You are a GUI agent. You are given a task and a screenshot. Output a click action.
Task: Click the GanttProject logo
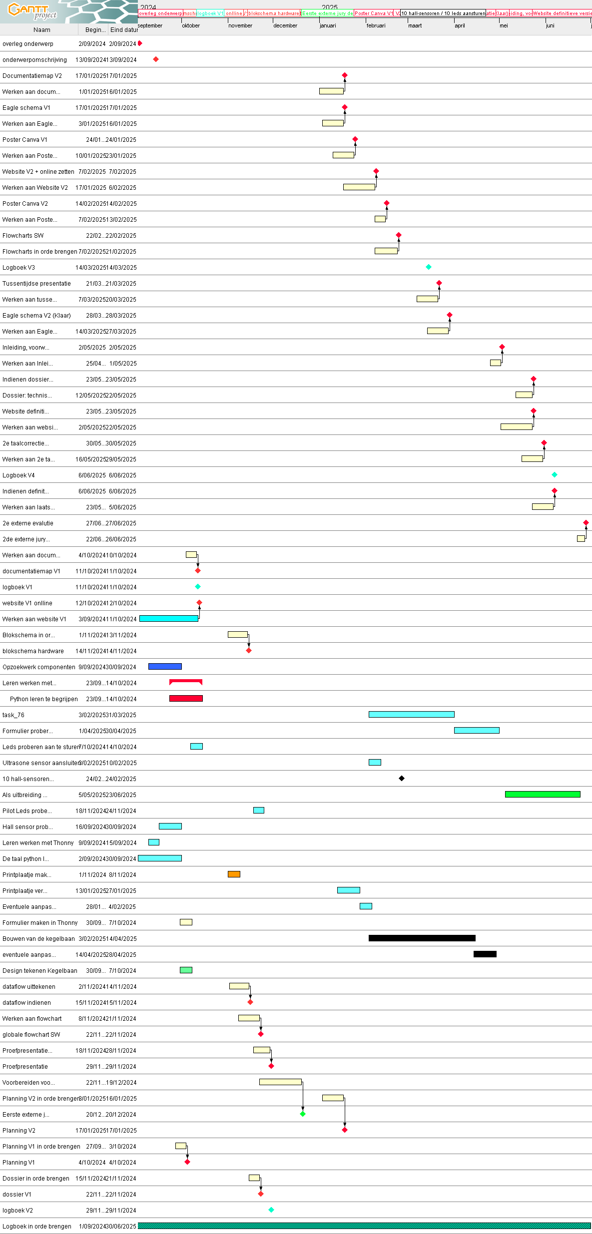click(32, 11)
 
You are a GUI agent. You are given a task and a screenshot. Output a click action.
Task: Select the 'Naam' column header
click(42, 30)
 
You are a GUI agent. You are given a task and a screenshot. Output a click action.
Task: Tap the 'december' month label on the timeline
click(285, 25)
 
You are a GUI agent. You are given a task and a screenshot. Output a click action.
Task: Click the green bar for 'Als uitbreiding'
click(543, 794)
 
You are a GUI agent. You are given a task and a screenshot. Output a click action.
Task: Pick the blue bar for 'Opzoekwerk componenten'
click(165, 666)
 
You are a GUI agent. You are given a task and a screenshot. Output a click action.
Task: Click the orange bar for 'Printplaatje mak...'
click(234, 874)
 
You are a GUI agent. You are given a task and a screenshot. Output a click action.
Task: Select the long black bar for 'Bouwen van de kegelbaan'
click(422, 938)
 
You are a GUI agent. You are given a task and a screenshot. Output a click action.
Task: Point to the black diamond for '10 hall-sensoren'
click(402, 778)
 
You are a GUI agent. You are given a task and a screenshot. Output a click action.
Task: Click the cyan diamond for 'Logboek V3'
click(429, 267)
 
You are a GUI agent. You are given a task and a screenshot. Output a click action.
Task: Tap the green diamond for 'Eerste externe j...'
click(303, 1114)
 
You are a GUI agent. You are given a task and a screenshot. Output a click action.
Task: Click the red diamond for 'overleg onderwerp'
click(140, 43)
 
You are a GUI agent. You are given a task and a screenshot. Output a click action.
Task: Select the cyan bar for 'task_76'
click(411, 714)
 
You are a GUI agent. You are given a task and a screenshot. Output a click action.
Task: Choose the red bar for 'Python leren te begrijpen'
click(186, 698)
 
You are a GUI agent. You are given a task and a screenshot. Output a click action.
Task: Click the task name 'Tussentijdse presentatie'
click(36, 284)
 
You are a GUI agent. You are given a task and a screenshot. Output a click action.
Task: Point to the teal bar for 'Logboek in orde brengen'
click(364, 1226)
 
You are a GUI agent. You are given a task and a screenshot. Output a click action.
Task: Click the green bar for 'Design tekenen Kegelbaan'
click(186, 970)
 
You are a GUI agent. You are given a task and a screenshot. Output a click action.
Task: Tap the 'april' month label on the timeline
click(460, 25)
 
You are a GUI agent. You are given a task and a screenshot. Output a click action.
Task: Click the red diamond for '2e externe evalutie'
click(586, 523)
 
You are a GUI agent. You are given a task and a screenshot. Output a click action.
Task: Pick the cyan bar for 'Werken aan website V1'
click(168, 618)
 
